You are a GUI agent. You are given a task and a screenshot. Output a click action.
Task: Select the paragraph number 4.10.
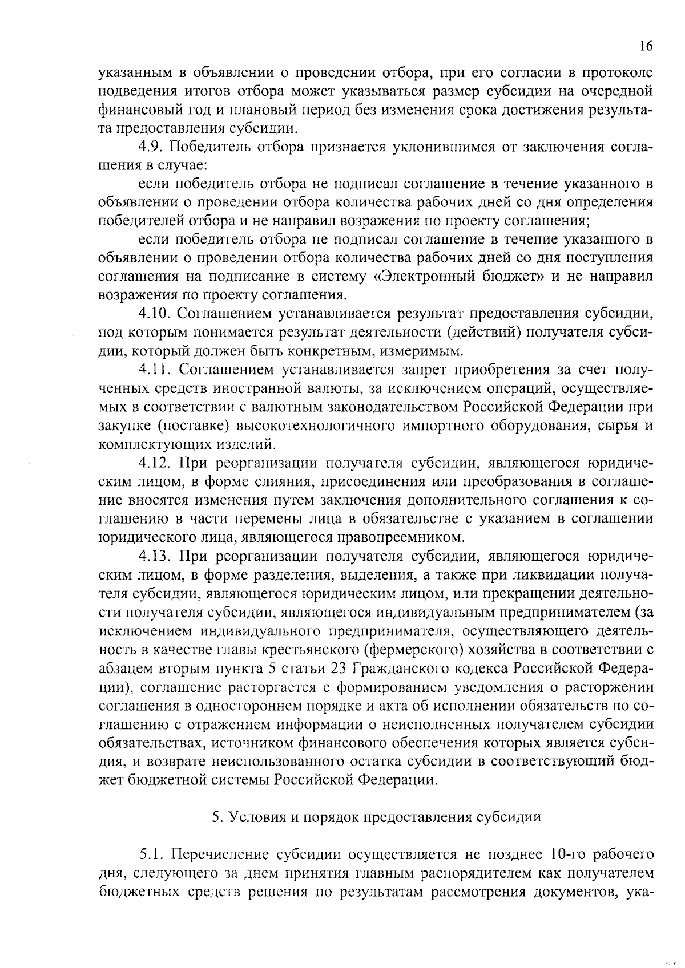click(156, 314)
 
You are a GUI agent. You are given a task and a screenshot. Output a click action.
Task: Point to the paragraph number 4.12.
click(156, 463)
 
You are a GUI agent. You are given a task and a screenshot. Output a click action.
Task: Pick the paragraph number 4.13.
click(156, 556)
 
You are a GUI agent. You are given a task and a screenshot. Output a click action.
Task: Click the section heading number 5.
click(216, 817)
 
